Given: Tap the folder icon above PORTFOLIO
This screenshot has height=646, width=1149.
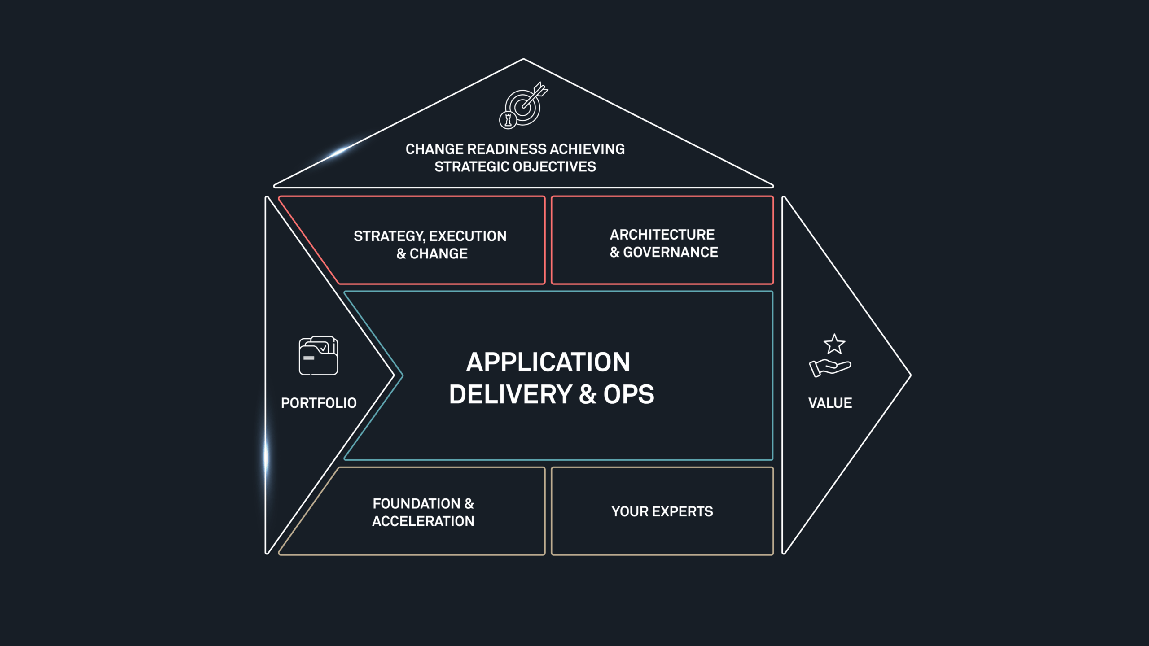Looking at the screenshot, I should click(318, 355).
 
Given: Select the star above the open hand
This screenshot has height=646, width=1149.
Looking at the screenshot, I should click(834, 344).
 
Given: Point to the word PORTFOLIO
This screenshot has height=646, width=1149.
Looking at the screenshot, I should click(319, 403).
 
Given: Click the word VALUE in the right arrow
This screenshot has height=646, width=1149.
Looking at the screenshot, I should click(830, 403).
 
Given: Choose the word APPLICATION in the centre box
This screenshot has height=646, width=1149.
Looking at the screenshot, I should click(548, 362).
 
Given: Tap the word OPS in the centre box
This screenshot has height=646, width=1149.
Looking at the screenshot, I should click(628, 394).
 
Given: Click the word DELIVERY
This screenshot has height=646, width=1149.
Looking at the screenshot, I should click(511, 394).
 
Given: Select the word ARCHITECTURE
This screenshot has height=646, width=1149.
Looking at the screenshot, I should click(662, 235).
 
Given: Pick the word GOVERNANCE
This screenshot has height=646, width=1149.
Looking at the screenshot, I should click(671, 252).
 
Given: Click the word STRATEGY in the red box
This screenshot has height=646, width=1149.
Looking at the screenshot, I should click(389, 236).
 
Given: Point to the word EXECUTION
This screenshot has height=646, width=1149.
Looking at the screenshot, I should click(468, 236).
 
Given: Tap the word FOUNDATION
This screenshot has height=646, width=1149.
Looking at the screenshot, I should click(416, 504).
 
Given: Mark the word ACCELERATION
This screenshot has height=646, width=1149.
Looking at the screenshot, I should click(423, 521).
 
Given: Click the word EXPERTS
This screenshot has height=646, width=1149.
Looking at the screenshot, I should click(682, 511).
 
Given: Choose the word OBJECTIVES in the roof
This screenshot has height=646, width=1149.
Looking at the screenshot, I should click(554, 167).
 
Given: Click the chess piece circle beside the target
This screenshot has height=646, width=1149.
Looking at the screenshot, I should click(508, 120).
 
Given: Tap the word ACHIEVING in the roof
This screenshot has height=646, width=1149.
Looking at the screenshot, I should click(588, 149).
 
